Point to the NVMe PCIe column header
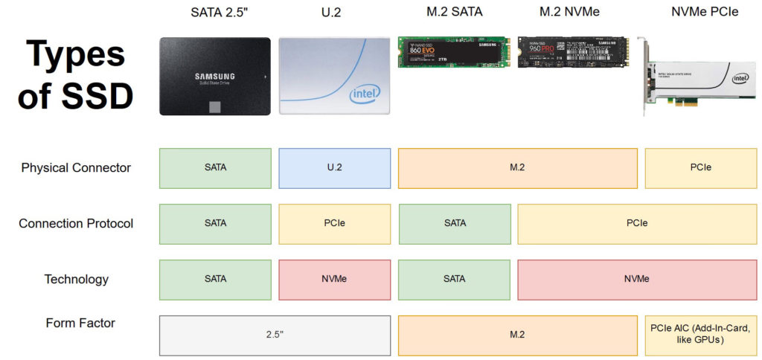click(x=703, y=12)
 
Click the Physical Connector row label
click(x=76, y=168)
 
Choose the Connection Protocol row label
click(x=76, y=224)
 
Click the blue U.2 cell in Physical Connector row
click(x=334, y=168)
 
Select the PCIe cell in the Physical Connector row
click(x=701, y=168)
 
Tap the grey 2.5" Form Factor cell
click(x=275, y=335)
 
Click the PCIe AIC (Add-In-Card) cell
click(x=701, y=335)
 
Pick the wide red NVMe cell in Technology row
click(x=637, y=279)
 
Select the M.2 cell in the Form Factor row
click(x=517, y=335)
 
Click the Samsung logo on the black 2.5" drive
click(x=214, y=76)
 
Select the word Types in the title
click(x=75, y=55)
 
